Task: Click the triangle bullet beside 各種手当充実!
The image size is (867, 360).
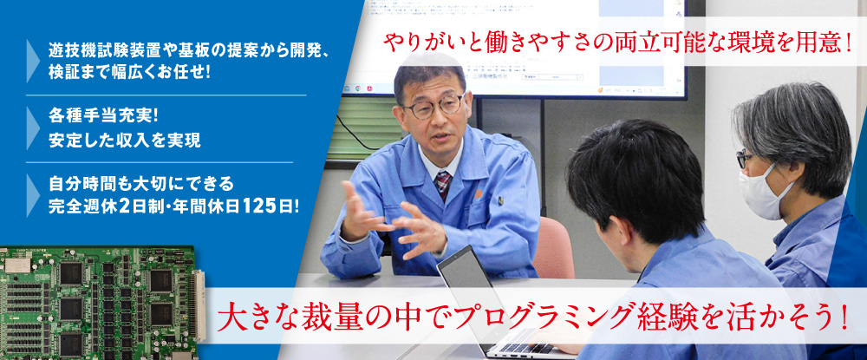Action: coord(33,128)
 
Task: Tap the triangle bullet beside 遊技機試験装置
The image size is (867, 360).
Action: coord(33,61)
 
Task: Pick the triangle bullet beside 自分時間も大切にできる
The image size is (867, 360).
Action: coord(33,194)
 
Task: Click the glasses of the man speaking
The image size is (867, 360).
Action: coord(433,107)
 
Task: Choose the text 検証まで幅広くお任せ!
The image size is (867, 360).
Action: coord(129,73)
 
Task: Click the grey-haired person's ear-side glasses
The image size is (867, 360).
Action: coord(743,159)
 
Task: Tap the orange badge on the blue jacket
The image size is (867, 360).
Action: coord(479,194)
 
